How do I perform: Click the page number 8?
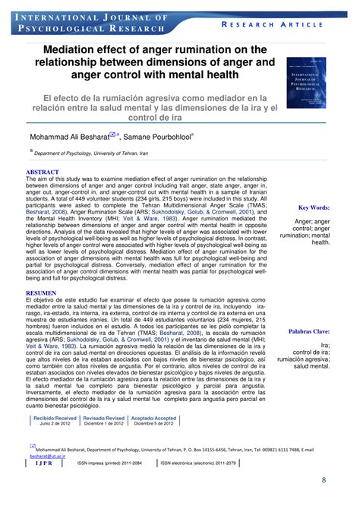point(324,480)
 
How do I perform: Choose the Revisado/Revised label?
point(104,418)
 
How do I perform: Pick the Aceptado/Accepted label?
point(153,418)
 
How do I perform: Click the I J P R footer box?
point(45,462)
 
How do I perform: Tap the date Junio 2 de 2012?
point(55,424)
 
